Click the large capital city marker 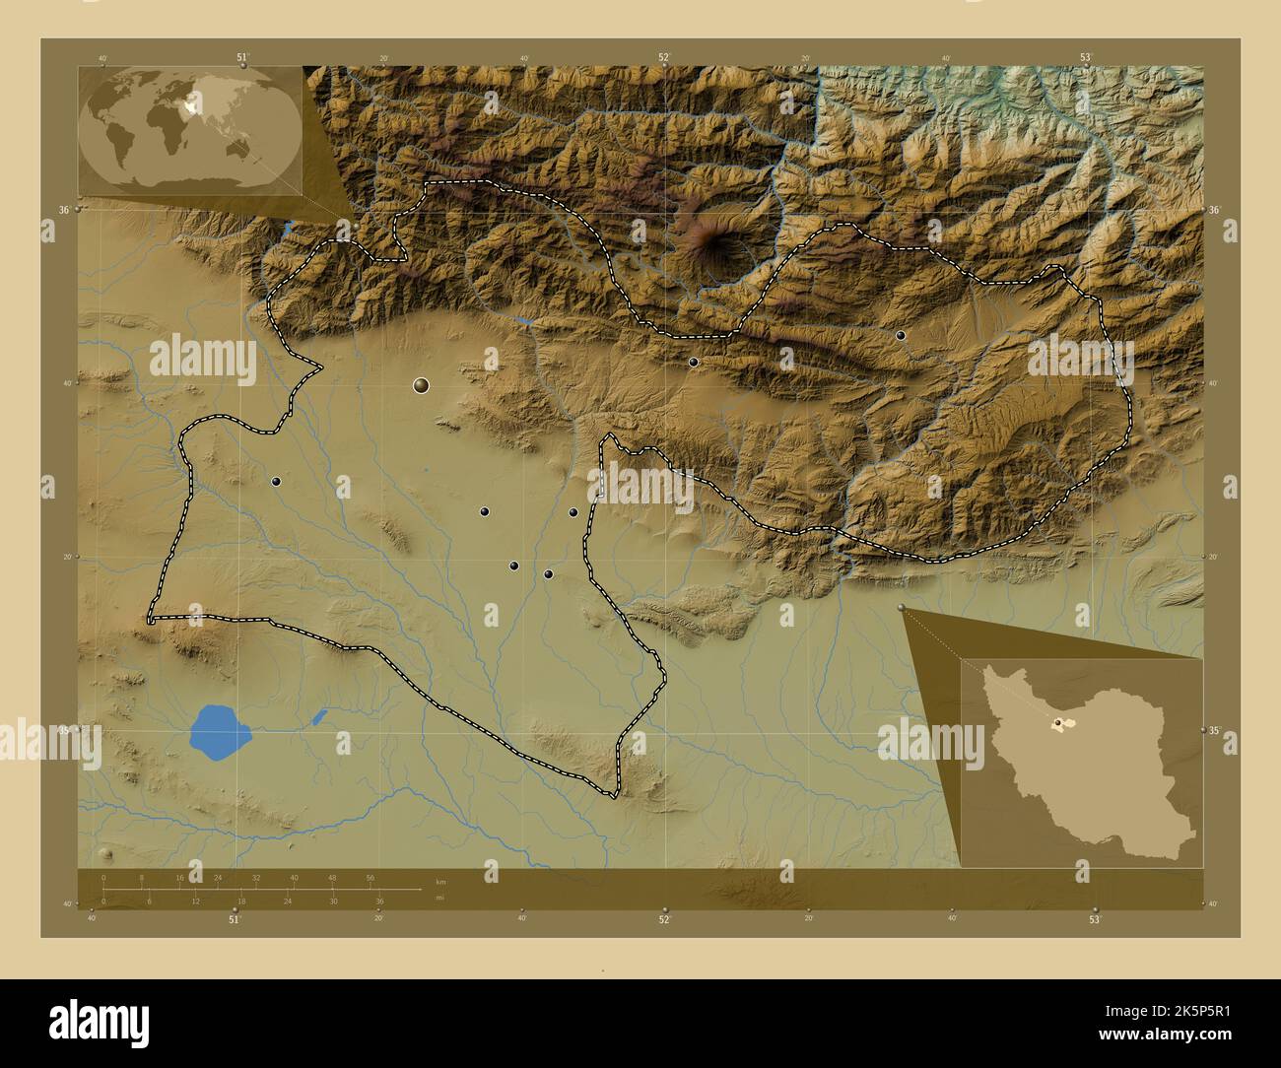click(422, 385)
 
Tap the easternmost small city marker click(901, 336)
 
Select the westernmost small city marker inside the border click(277, 482)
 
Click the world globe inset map click(189, 129)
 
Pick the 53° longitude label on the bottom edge click(1094, 919)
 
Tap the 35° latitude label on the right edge click(1214, 731)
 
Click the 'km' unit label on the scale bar click(440, 881)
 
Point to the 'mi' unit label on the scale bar click(440, 898)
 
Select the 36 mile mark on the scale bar click(379, 901)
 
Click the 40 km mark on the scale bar click(294, 877)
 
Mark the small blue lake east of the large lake click(318, 717)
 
